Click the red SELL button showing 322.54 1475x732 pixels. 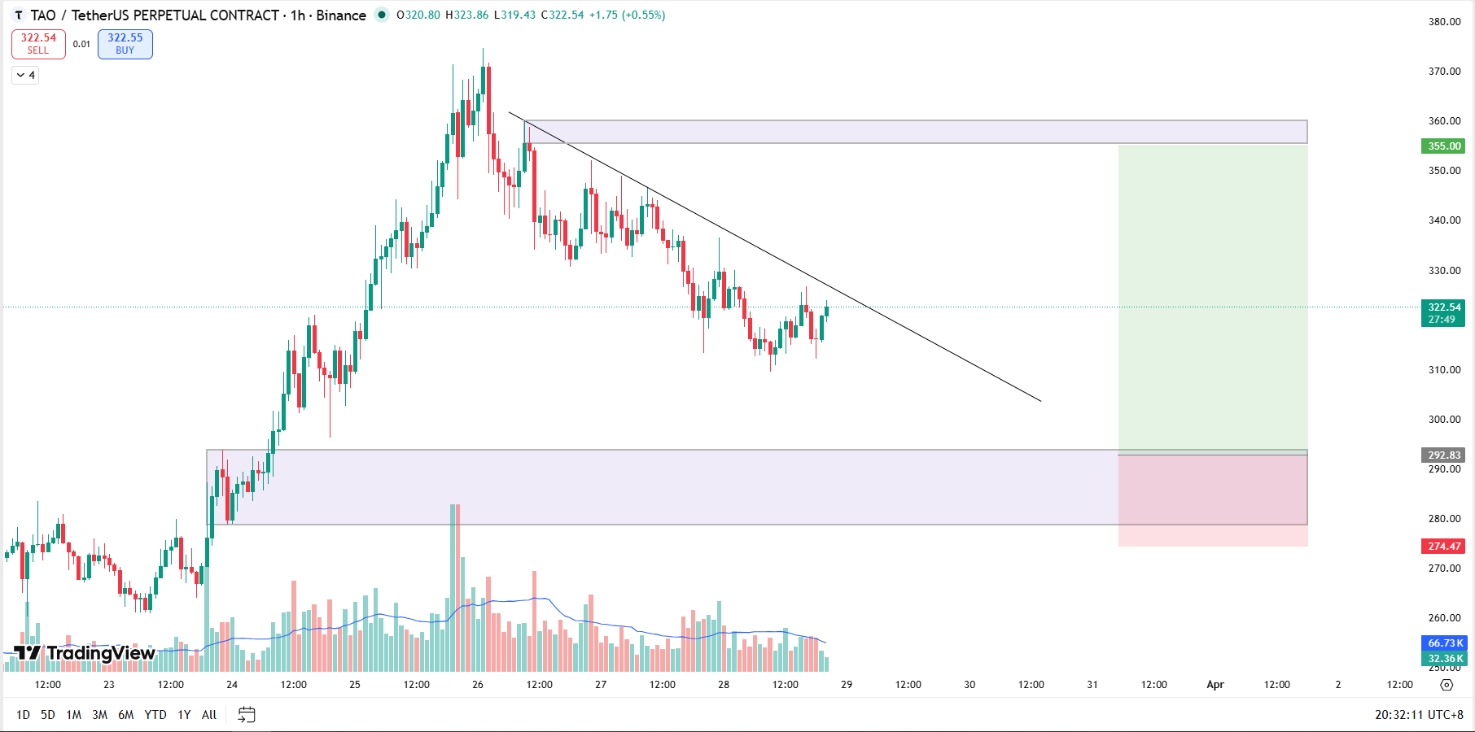pos(38,44)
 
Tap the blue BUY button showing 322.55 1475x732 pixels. pos(125,44)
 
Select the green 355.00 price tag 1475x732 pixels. pos(1443,146)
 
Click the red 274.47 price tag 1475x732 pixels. pos(1443,547)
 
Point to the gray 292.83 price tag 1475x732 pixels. pos(1443,455)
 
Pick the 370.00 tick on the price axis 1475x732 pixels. pos(1444,72)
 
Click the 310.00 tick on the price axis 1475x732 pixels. pos(1444,370)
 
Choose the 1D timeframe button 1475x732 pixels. pos(23,715)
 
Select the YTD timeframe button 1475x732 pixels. pos(155,715)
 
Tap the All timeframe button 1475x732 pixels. pos(209,715)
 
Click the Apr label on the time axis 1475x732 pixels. pos(1215,685)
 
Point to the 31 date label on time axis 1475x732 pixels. pos(1092,685)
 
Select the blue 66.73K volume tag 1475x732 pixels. pos(1444,643)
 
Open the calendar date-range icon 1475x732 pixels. pos(247,715)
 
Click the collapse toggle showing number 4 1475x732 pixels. pos(25,76)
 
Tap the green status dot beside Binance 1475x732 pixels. pos(381,15)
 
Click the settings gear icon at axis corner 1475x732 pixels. pos(1447,685)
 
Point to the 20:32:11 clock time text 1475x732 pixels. pos(1398,715)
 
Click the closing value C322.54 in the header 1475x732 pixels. pos(562,15)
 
